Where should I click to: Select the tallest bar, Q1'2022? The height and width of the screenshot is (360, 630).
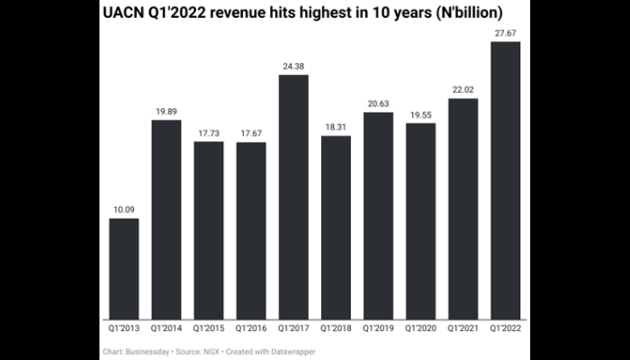505,180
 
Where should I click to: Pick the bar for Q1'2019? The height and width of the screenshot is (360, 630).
378,215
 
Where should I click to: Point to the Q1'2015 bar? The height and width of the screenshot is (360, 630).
209,229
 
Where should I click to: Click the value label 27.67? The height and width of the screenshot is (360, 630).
505,33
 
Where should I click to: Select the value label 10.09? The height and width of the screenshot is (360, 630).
124,210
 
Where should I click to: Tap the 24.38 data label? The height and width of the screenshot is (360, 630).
293,66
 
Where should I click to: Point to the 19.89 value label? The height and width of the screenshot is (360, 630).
166,111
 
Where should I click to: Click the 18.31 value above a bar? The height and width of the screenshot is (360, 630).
336,127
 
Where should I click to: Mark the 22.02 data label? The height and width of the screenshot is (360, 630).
463,89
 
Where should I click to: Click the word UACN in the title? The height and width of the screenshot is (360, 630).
126,14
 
